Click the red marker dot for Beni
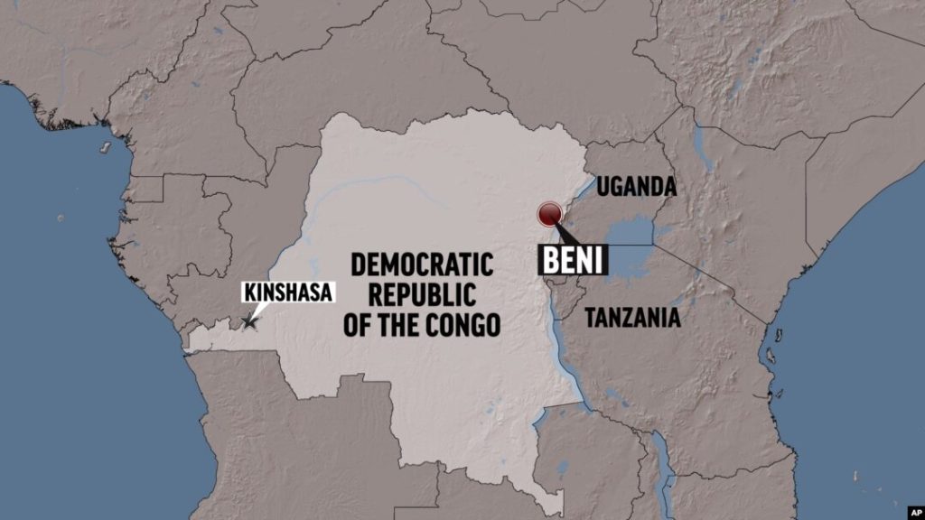coord(549,214)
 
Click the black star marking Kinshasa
coord(248,321)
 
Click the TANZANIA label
coord(632,318)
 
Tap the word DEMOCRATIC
coord(422,265)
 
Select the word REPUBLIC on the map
coord(422,295)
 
